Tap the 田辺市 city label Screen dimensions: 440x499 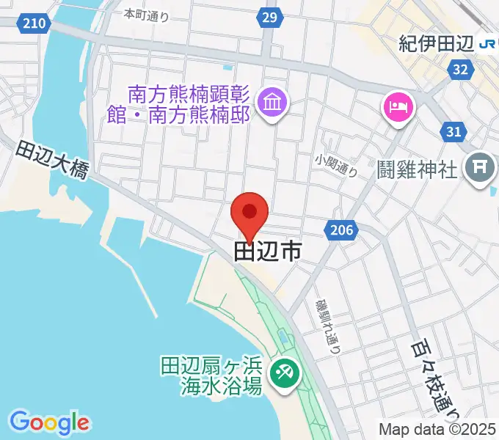click(x=267, y=252)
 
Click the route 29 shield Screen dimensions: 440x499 click(x=270, y=17)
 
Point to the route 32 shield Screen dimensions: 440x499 click(x=461, y=70)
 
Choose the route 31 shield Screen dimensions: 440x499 click(x=454, y=131)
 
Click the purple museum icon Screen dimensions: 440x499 click(x=274, y=100)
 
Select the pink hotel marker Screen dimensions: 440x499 click(x=398, y=108)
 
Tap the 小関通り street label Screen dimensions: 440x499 click(x=337, y=166)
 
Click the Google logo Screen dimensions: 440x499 click(x=49, y=422)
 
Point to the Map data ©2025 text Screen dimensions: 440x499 click(x=437, y=429)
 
